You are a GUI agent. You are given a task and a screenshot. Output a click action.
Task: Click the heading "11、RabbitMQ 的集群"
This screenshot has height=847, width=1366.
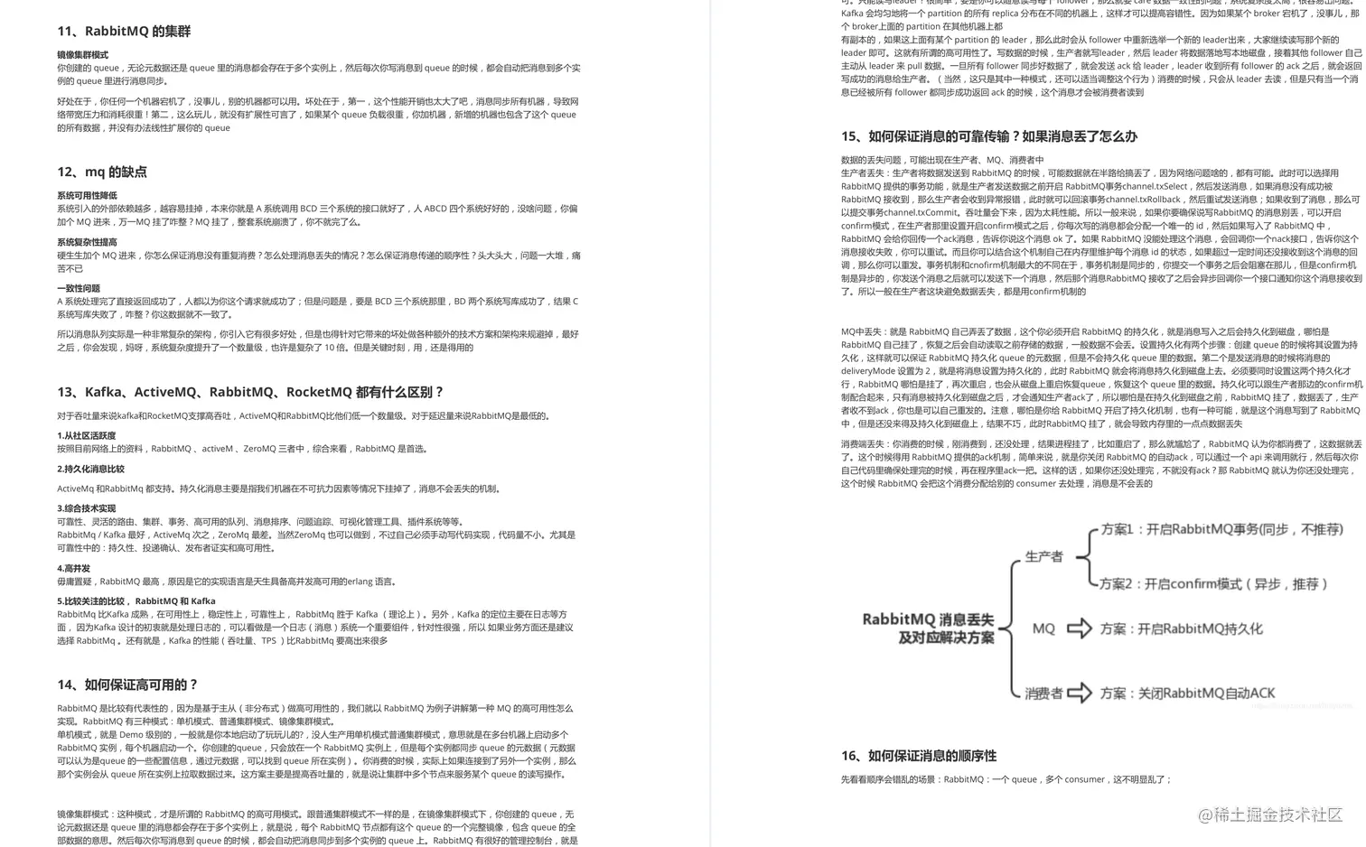tap(124, 32)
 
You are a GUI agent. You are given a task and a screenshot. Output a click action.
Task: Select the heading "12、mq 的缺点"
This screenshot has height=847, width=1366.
tap(102, 172)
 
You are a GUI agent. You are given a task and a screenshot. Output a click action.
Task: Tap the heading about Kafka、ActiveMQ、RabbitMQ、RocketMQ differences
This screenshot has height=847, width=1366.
tap(250, 393)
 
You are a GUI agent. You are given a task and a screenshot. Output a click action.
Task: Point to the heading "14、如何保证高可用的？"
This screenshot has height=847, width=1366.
tap(127, 685)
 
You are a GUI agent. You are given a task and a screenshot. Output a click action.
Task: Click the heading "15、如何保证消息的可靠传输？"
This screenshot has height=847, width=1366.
tap(988, 137)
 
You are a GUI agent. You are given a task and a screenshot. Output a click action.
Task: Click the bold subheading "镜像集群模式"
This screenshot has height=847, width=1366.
tap(82, 55)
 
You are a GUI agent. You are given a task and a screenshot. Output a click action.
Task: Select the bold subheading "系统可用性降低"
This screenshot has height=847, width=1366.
tap(87, 196)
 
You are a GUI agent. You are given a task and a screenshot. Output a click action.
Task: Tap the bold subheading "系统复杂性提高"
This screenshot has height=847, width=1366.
tap(87, 243)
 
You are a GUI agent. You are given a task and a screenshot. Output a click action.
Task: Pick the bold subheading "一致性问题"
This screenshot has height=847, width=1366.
tap(79, 289)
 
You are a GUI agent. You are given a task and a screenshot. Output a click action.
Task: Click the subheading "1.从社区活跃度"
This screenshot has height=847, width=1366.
tap(87, 436)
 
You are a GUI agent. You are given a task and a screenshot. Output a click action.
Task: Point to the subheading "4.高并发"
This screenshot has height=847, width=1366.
tap(74, 569)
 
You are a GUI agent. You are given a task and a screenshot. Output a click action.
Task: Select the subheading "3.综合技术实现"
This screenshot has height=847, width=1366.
tap(87, 509)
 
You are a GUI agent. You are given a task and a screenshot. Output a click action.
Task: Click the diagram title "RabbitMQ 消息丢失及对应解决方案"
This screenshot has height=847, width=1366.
tap(928, 628)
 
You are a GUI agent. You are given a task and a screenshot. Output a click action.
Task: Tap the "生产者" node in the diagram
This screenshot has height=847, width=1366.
tap(1043, 557)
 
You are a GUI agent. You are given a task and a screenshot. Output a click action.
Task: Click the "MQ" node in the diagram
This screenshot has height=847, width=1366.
tap(1043, 628)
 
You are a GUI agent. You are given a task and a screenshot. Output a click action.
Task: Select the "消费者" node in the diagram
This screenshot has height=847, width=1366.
tap(1043, 693)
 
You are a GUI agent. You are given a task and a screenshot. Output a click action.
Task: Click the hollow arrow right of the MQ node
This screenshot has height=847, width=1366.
tap(1079, 628)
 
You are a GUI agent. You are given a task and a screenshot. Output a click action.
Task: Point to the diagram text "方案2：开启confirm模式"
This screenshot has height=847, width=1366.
tap(1212, 584)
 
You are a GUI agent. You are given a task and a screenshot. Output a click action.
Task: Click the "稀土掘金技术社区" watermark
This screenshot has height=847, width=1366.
tap(1270, 815)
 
